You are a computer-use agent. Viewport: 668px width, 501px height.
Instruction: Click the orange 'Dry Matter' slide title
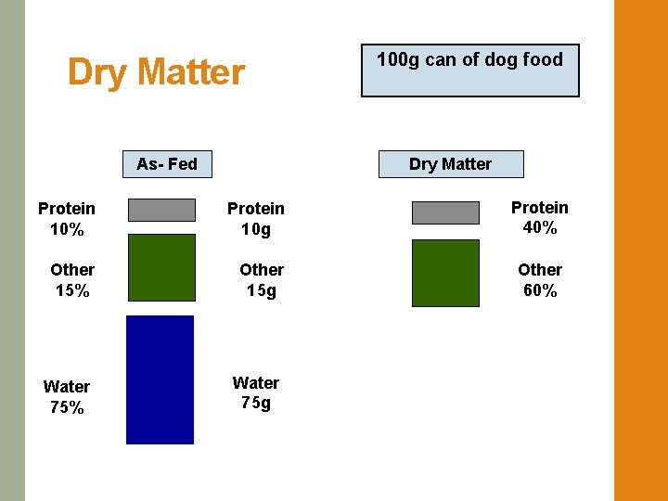click(x=156, y=72)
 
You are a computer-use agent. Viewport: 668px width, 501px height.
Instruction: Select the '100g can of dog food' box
click(x=469, y=71)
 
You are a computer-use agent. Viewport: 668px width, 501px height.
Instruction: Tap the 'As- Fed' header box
click(x=167, y=164)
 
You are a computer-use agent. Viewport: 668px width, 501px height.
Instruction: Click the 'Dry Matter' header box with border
click(x=451, y=164)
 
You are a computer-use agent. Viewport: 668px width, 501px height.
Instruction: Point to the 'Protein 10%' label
click(x=67, y=219)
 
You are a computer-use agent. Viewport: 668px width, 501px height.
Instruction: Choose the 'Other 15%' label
click(x=72, y=280)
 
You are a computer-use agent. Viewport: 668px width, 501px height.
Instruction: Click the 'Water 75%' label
click(x=67, y=397)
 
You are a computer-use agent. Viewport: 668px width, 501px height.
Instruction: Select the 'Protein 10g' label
click(x=256, y=219)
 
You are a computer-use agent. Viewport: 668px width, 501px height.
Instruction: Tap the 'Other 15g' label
click(x=262, y=280)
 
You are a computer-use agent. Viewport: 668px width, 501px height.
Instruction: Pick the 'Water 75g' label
click(x=256, y=393)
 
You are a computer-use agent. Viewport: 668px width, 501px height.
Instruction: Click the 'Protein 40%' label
click(x=540, y=217)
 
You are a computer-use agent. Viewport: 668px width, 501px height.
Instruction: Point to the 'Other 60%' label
click(x=540, y=280)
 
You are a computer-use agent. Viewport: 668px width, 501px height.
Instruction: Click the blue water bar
click(x=160, y=380)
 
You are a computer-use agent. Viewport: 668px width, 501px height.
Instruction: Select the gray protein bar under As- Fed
click(x=161, y=210)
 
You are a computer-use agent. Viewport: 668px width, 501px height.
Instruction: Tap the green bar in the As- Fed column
click(x=161, y=267)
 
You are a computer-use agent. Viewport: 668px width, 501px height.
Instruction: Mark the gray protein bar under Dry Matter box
click(x=445, y=213)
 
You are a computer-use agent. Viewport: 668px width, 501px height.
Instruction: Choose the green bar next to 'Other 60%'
click(x=445, y=273)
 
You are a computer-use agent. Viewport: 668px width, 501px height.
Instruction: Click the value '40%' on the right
click(x=540, y=228)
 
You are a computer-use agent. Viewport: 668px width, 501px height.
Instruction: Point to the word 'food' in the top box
click(x=543, y=59)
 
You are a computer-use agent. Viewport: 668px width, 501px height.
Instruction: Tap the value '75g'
click(x=256, y=404)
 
